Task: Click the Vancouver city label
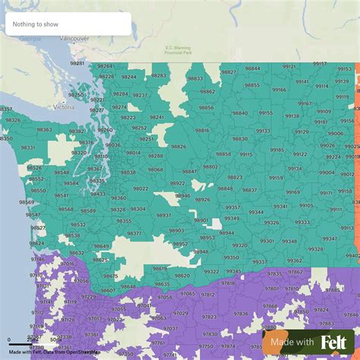(x=73, y=37)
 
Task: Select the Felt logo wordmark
(x=334, y=343)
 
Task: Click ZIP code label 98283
(x=158, y=76)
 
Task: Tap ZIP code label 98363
(x=45, y=130)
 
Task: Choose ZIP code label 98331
(x=27, y=147)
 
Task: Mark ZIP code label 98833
(x=195, y=79)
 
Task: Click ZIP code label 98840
(x=240, y=112)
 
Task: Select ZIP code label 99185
(x=277, y=150)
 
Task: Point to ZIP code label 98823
(x=235, y=177)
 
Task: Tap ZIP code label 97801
(x=270, y=289)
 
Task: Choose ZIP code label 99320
(x=240, y=245)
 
